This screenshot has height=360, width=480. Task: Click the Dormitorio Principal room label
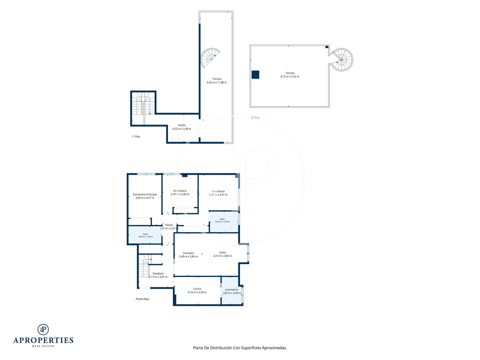pyautogui.click(x=145, y=194)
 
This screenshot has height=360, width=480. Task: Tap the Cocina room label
pyautogui.click(x=197, y=289)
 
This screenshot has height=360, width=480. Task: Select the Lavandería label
pyautogui.click(x=231, y=290)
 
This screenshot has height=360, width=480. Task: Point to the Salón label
pyautogui.click(x=223, y=252)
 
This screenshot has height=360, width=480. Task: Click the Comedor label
pyautogui.click(x=188, y=253)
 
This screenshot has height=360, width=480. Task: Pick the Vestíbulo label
pyautogui.click(x=158, y=274)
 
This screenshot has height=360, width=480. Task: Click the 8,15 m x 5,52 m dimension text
pyautogui.click(x=290, y=76)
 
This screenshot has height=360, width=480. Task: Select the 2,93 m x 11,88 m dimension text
pyautogui.click(x=217, y=83)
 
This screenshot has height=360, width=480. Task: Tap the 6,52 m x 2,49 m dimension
pyautogui.click(x=182, y=129)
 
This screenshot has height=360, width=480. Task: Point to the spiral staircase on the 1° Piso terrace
pyautogui.click(x=209, y=58)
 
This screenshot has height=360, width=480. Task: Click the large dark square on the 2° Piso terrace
pyautogui.click(x=255, y=74)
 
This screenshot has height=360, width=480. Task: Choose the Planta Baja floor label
pyautogui.click(x=142, y=299)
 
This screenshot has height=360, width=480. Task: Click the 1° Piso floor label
pyautogui.click(x=136, y=136)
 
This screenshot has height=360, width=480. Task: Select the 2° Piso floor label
pyautogui.click(x=255, y=118)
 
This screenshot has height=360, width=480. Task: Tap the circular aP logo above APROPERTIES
pyautogui.click(x=43, y=329)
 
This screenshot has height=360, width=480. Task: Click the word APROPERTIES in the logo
pyautogui.click(x=43, y=340)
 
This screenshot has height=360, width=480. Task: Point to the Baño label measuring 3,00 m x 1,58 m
pyautogui.click(x=145, y=234)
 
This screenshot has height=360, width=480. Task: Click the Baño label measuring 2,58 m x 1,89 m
pyautogui.click(x=223, y=219)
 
